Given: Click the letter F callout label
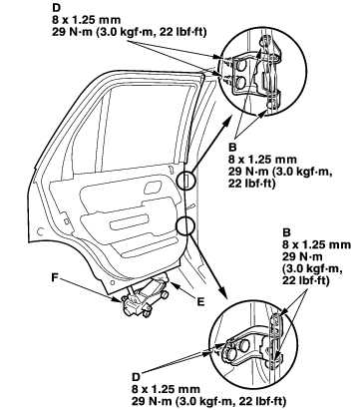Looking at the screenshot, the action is point(55,277).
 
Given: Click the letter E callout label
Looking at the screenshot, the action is point(200,301).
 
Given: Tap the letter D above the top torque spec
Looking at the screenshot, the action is point(56,7).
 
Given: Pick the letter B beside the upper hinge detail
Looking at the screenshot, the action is point(232,147).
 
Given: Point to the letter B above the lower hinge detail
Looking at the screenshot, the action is point(286,232).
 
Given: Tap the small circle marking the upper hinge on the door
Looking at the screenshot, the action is point(185,181).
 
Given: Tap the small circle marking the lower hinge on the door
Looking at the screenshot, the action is point(185,225).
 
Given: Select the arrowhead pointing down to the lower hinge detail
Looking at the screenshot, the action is point(222,293).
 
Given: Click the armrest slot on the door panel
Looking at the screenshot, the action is point(129,221).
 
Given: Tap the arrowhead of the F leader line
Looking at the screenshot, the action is point(123,300).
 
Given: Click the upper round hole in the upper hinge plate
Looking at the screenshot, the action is point(241,66).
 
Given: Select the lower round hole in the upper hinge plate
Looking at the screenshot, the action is point(241,82).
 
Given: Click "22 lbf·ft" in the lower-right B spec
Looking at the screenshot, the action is point(306,281).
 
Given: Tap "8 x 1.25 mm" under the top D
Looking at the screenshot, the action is point(86,20).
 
